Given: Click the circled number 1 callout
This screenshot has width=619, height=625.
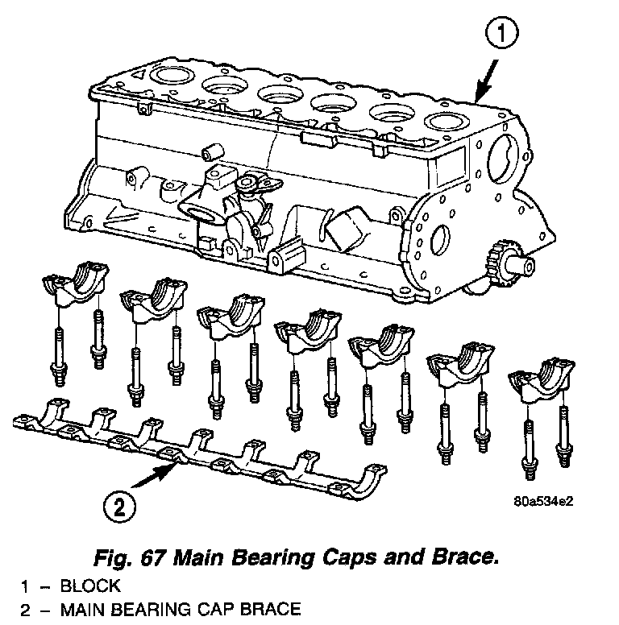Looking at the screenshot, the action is (502, 33).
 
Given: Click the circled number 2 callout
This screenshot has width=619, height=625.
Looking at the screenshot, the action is (119, 507).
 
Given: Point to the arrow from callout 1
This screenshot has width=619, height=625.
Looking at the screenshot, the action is (486, 81).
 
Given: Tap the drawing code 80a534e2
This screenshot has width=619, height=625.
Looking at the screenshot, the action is (543, 501).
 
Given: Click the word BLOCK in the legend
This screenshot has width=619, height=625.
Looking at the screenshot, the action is (90, 586).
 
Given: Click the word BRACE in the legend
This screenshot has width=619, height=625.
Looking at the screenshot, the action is (271, 610).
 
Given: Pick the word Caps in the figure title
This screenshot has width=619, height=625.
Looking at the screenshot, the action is (349, 557).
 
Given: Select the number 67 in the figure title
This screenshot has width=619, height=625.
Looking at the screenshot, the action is (153, 557).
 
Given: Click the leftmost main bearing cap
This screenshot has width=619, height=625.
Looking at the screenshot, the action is (76, 282).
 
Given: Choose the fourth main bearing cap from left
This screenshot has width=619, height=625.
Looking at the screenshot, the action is (308, 330).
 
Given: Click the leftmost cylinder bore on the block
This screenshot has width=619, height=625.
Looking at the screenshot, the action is (172, 75).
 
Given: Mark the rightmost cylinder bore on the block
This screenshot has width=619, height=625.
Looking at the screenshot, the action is (447, 121).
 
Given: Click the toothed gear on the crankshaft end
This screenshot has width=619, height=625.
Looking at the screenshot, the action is (498, 260).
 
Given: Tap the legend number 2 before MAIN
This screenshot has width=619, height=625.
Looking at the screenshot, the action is (25, 610).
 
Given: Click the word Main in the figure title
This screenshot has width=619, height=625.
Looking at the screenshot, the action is (197, 557).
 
